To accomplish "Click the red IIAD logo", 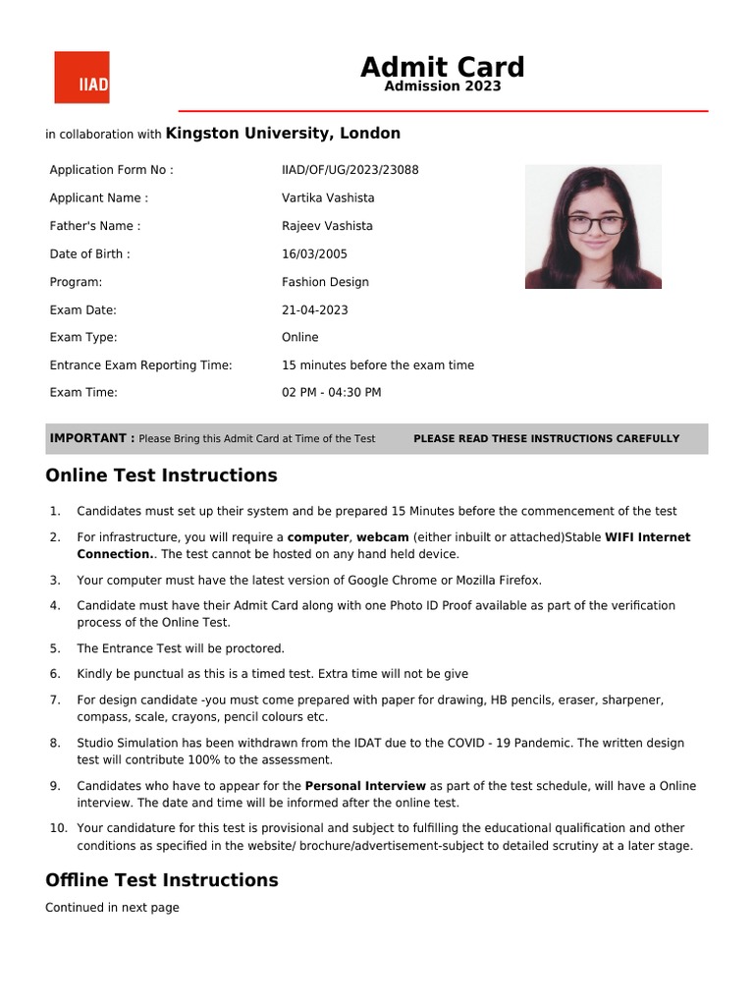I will tap(81, 78).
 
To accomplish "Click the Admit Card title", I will tap(442, 67).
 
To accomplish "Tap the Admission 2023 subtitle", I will tap(442, 86).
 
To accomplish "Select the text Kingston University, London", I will tap(283, 134).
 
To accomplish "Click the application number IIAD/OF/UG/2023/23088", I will tap(350, 170).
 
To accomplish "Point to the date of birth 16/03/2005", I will tap(314, 253).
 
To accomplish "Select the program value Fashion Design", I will tap(325, 282).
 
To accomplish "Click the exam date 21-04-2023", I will tap(314, 310).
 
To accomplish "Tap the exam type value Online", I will tap(299, 337).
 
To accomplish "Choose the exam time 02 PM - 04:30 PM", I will tap(331, 393).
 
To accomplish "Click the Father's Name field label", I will tap(94, 226).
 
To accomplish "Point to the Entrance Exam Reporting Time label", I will tap(140, 365).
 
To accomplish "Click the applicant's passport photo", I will tap(593, 227).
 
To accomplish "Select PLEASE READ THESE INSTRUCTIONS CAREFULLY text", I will tap(546, 439).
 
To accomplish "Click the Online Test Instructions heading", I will tap(161, 475).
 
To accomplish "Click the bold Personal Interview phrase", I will tap(365, 786).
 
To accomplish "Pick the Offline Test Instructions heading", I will tap(161, 880).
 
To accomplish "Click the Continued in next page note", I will tap(112, 908).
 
